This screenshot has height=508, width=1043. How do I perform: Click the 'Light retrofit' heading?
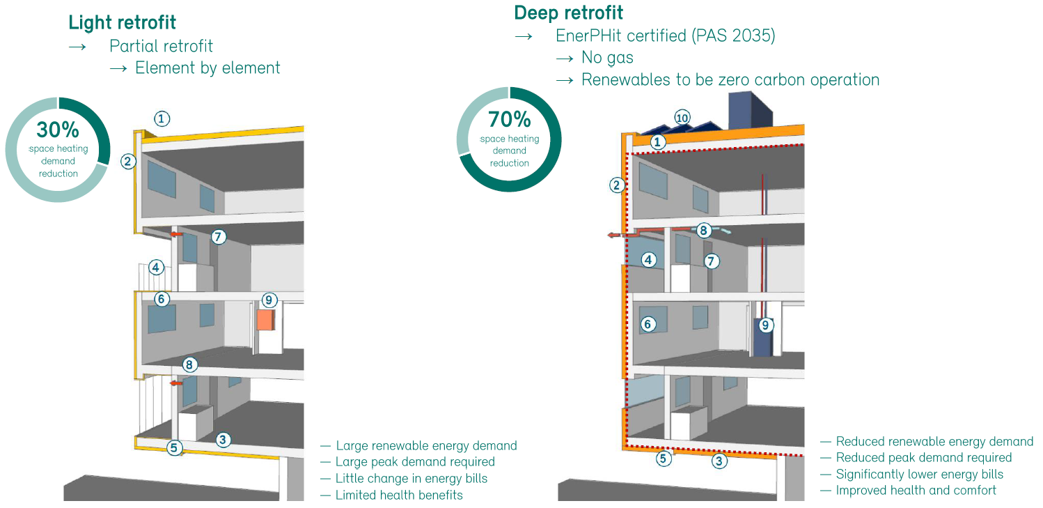point(122,22)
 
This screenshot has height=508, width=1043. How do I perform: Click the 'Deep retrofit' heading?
point(568,13)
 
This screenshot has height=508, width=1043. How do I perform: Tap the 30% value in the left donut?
point(58,130)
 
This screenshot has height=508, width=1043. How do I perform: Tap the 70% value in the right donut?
point(510,120)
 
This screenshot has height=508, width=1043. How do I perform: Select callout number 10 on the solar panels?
point(682,118)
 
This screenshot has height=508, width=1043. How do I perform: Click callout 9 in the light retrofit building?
point(269,300)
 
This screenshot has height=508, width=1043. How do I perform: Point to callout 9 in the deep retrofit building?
point(765,325)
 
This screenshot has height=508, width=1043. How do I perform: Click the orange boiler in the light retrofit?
point(265,320)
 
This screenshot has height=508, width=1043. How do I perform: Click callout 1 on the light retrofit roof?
point(162,118)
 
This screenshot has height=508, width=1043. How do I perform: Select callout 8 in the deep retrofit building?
point(703,230)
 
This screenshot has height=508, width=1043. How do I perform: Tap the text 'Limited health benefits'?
point(399,495)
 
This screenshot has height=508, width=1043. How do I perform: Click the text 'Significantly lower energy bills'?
point(919,474)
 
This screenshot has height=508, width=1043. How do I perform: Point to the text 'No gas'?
point(607,57)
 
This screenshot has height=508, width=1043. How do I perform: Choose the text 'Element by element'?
point(207,68)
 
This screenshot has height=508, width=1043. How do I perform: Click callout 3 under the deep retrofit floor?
point(719,460)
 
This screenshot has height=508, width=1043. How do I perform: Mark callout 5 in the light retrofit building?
point(174,448)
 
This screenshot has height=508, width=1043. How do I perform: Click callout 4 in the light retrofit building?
point(157,267)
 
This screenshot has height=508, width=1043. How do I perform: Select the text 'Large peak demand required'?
point(415,461)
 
